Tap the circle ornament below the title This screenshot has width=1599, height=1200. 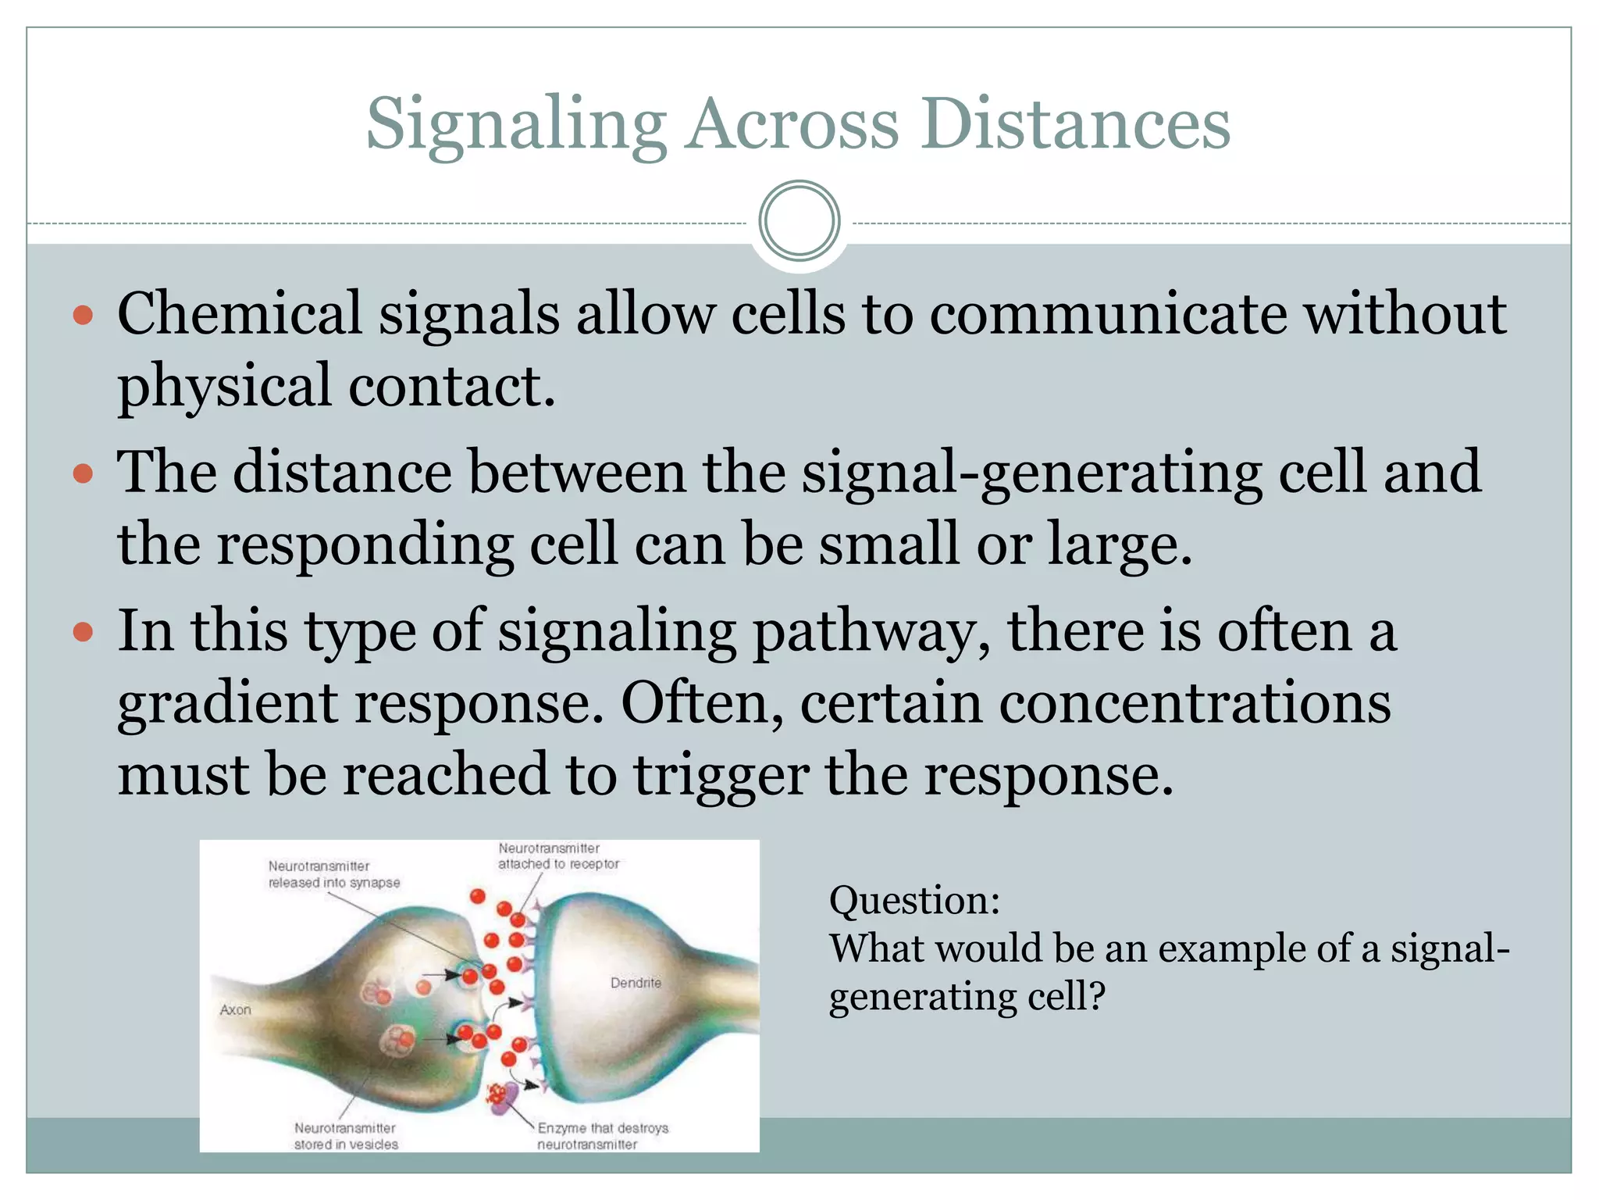(x=799, y=221)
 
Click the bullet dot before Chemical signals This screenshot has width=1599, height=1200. (x=83, y=316)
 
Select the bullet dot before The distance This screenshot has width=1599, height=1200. (x=83, y=473)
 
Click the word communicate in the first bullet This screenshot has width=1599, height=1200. (x=1108, y=314)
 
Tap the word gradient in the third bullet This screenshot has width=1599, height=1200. (x=227, y=703)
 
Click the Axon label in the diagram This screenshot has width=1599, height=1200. (x=235, y=1010)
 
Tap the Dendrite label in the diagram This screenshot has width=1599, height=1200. (x=636, y=983)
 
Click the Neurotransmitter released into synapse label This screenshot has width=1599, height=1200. (x=333, y=874)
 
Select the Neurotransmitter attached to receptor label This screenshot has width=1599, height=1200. (x=558, y=856)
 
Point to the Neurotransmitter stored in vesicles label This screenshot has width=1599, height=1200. (x=346, y=1136)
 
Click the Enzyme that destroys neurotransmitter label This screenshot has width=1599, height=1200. (x=602, y=1136)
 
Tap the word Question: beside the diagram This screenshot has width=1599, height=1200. (x=914, y=901)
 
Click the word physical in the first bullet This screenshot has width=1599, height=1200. (x=224, y=386)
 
